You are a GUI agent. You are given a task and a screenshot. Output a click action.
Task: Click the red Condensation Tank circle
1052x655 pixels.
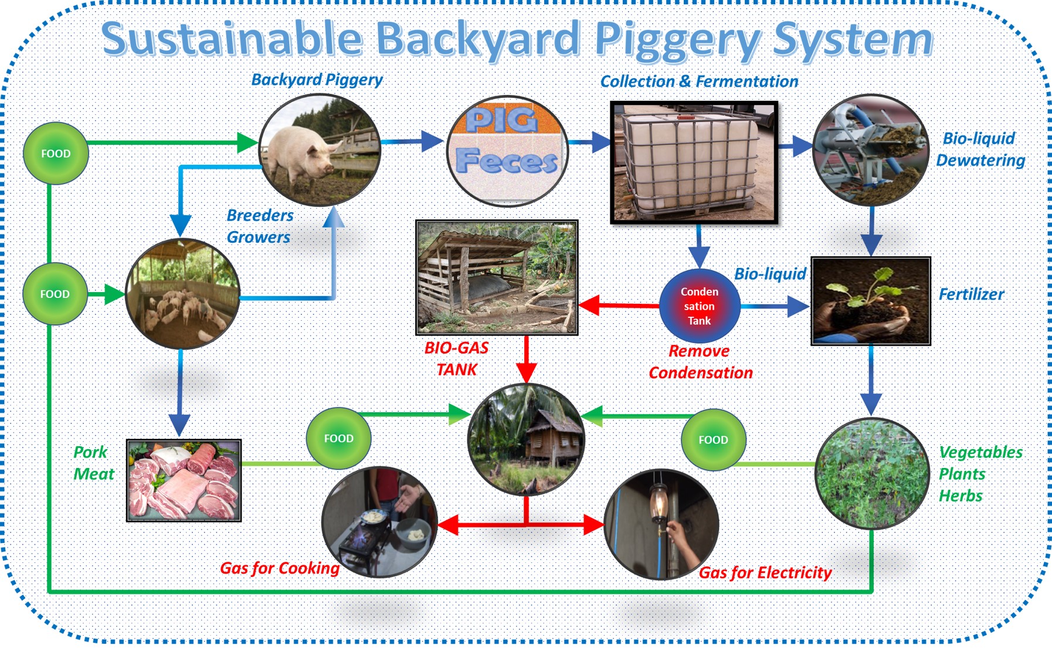click(699, 306)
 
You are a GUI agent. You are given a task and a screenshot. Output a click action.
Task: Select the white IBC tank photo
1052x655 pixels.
click(694, 162)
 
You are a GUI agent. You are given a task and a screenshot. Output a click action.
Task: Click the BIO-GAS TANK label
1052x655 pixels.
click(456, 359)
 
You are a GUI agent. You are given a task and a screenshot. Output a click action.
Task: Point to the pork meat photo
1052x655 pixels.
click(184, 480)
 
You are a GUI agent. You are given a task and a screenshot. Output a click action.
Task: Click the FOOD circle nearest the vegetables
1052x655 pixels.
click(712, 440)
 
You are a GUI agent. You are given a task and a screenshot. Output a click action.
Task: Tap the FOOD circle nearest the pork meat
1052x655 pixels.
click(338, 439)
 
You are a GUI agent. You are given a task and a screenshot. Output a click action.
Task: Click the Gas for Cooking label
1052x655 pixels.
click(279, 568)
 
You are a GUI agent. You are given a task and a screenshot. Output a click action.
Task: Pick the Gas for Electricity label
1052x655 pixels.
click(765, 572)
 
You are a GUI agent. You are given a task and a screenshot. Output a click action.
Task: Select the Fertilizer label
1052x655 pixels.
click(971, 294)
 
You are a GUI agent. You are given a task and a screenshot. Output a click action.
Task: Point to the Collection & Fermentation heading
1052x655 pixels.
click(699, 82)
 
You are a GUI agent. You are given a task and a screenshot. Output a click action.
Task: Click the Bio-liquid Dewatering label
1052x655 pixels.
click(980, 150)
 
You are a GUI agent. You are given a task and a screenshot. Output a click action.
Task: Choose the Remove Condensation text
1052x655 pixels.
click(700, 362)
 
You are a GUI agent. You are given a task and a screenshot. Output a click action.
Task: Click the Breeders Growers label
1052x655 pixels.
click(259, 226)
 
